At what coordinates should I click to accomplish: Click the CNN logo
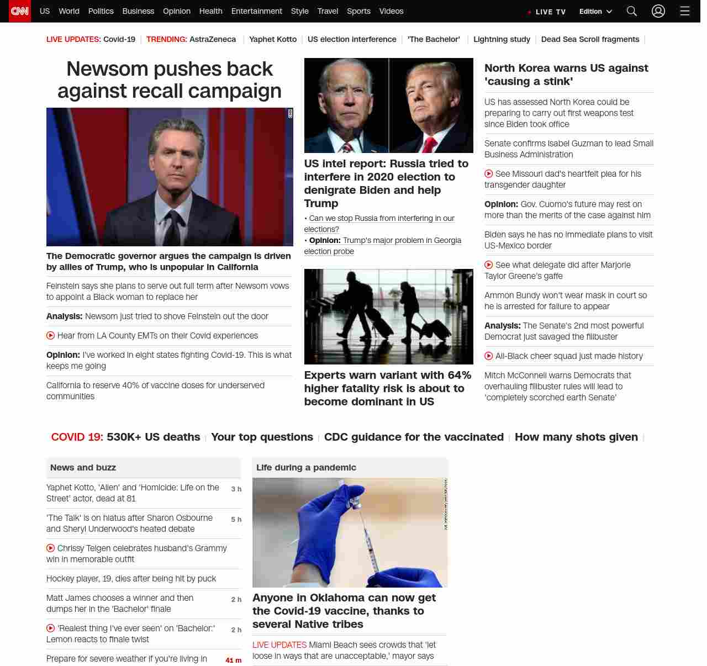pos(20,11)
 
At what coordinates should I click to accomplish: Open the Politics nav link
pos(101,11)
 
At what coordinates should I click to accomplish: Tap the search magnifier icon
pos(632,11)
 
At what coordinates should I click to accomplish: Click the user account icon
pos(658,11)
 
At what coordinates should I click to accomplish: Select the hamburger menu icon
pos(685,11)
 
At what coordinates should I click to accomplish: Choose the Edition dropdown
pos(595,12)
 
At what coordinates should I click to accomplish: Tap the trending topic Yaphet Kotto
pos(272,39)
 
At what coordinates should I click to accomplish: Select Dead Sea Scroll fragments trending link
pos(590,39)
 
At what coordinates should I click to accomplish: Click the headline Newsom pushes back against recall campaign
pos(170,80)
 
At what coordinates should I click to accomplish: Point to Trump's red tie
pos(430,144)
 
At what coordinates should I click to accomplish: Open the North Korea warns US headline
pos(566,75)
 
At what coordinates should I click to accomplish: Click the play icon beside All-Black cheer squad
pos(489,356)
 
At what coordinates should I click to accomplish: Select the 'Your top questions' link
pos(262,437)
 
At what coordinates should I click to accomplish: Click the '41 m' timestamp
pos(233,660)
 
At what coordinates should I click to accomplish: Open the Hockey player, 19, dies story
pos(131,579)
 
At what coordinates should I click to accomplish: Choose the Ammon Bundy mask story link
pos(566,301)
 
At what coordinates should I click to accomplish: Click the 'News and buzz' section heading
pos(83,468)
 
